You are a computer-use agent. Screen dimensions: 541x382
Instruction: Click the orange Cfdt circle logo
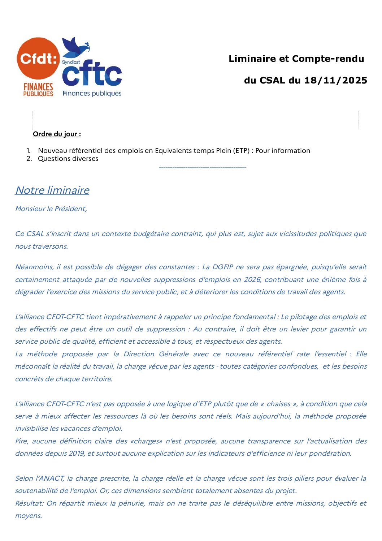pos(38,59)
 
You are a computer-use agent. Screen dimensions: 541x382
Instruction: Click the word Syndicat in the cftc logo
pos(71,62)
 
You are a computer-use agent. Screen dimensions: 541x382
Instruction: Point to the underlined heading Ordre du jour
pos(57,134)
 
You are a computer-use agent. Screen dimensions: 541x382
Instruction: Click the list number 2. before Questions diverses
pos(29,159)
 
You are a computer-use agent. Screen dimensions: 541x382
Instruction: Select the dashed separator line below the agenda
pos(202,167)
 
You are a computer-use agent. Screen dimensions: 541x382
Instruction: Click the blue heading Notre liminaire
pos(52,190)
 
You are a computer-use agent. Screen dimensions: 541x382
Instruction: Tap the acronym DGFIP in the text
pos(222,267)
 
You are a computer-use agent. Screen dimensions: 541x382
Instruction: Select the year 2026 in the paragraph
pos(252,279)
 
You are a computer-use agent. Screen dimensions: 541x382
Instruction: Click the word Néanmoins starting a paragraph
pos(34,267)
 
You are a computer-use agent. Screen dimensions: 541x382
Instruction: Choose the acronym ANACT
pos(50,478)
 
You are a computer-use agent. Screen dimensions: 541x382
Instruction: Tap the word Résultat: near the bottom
pos(30,503)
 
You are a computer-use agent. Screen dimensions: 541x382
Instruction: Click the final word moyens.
pos(29,516)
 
